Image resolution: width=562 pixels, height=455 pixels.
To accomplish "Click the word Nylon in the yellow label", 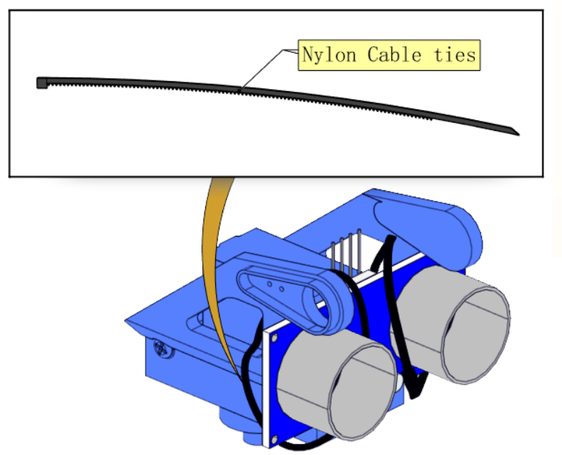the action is pos(329,55).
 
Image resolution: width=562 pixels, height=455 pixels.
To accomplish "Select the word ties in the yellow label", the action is pos(454,55).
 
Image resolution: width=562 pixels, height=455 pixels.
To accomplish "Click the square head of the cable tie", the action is pos(42,83).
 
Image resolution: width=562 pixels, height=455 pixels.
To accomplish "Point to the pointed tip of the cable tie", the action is pos(519,135).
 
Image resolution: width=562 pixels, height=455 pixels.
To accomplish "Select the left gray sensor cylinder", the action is pos(337,384).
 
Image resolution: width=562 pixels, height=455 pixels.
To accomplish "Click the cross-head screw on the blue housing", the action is pos(161,349).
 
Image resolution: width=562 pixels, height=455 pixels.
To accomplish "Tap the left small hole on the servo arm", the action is pos(270,284).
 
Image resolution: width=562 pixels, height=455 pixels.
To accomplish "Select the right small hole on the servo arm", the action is pos(281,289).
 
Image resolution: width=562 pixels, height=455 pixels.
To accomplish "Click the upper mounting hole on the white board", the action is pos(274,338).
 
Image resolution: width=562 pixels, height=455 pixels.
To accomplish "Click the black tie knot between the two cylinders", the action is pos(416,385).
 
